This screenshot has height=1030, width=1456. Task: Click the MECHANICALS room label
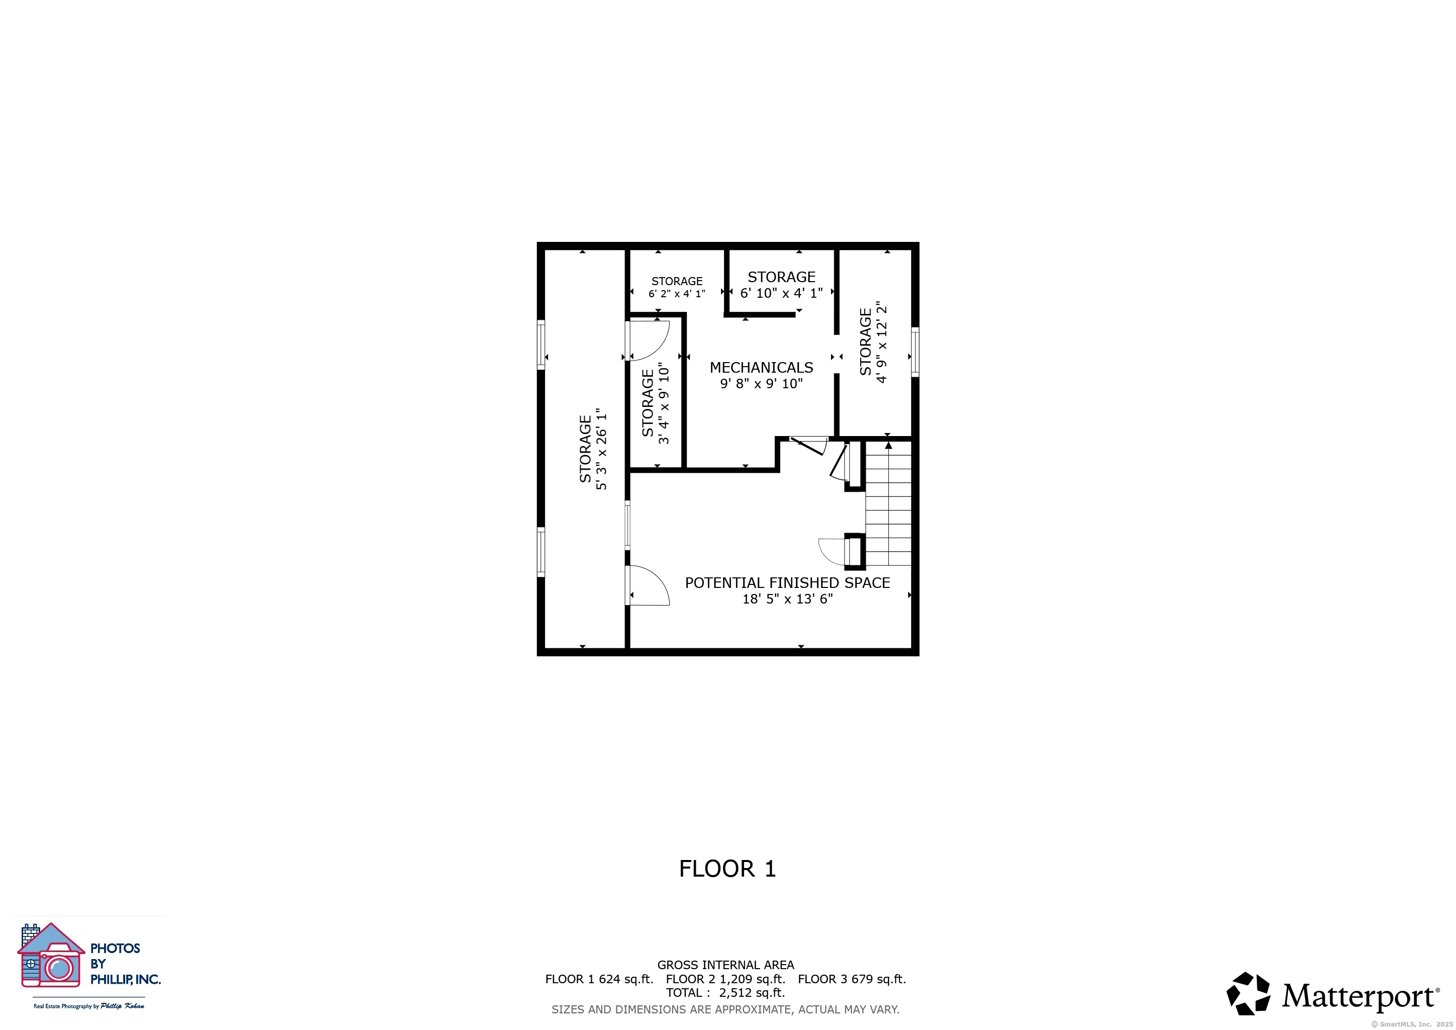click(761, 368)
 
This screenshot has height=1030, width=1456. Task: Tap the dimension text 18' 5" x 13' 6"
click(788, 599)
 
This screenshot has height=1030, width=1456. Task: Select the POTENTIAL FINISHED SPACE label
click(788, 583)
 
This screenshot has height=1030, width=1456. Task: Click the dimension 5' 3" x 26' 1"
click(602, 449)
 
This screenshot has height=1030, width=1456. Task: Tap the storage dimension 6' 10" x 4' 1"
click(781, 293)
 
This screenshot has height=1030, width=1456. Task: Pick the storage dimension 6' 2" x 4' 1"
click(677, 294)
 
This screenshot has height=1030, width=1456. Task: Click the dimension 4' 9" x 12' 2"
click(881, 342)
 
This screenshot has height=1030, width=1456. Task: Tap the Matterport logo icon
click(1248, 993)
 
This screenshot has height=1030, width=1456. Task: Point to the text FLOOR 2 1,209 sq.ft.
click(725, 979)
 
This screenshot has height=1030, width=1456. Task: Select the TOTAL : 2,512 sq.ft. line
click(725, 993)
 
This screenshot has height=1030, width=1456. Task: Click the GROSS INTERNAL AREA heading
click(725, 965)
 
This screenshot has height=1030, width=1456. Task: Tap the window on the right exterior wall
click(915, 352)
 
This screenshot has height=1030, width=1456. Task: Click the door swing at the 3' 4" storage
click(648, 341)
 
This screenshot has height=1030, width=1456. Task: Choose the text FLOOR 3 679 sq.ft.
click(852, 979)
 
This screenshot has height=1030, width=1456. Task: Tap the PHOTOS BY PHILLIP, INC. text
click(124, 964)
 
